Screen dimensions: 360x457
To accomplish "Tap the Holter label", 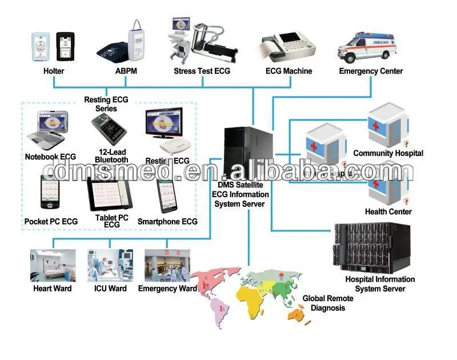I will [x=54, y=71].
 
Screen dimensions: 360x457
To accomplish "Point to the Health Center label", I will [x=388, y=211].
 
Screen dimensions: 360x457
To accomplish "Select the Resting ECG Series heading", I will [x=106, y=104].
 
